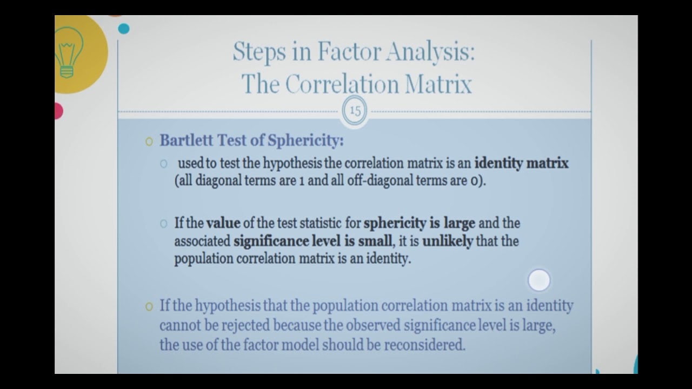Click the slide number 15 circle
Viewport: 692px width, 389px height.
click(x=355, y=111)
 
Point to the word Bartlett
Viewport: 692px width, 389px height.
click(x=187, y=140)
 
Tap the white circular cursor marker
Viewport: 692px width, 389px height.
click(x=538, y=280)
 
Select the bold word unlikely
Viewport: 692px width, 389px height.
click(x=447, y=241)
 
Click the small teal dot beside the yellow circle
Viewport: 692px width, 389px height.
click(x=124, y=29)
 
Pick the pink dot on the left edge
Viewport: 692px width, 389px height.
click(x=57, y=111)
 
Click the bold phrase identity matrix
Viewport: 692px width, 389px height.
click(x=521, y=163)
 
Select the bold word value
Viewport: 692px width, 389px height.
click(x=223, y=223)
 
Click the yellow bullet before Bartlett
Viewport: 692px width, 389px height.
click(x=149, y=142)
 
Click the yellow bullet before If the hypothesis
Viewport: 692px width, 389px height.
click(x=149, y=306)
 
